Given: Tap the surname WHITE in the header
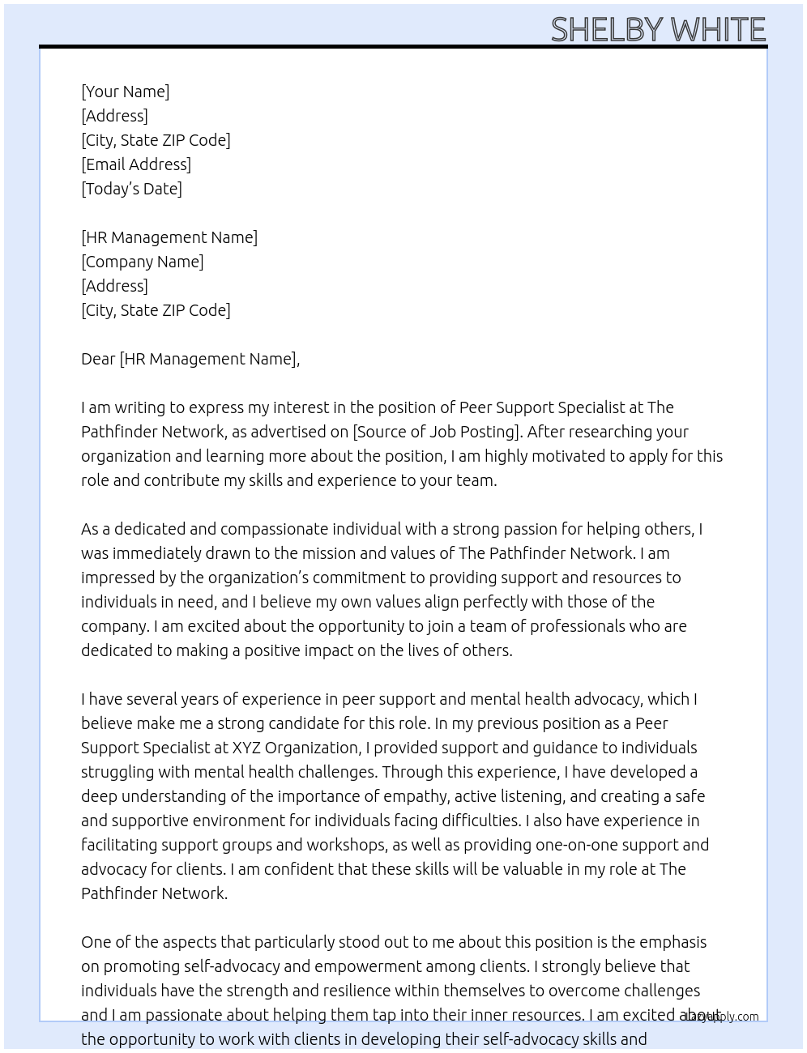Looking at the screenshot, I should [718, 30].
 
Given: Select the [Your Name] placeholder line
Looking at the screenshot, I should [126, 92].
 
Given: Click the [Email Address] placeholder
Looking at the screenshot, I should [136, 164].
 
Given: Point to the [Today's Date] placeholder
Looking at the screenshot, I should [131, 189].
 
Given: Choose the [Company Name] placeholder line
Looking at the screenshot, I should [143, 262].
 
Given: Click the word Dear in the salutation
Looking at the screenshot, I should [98, 359].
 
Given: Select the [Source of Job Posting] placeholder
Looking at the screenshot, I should [436, 432].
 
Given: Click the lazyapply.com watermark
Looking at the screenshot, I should [721, 1017].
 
